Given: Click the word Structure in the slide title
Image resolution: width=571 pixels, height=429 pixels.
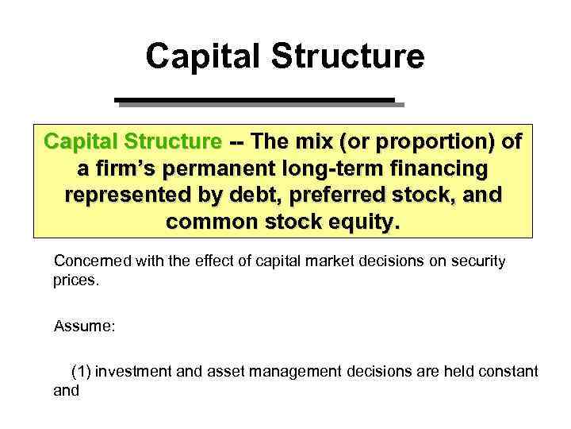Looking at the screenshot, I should point(349,56).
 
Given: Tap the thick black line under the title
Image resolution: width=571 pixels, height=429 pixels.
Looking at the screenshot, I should point(255,100).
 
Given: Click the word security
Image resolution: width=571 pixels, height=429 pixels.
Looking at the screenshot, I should point(476,261).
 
